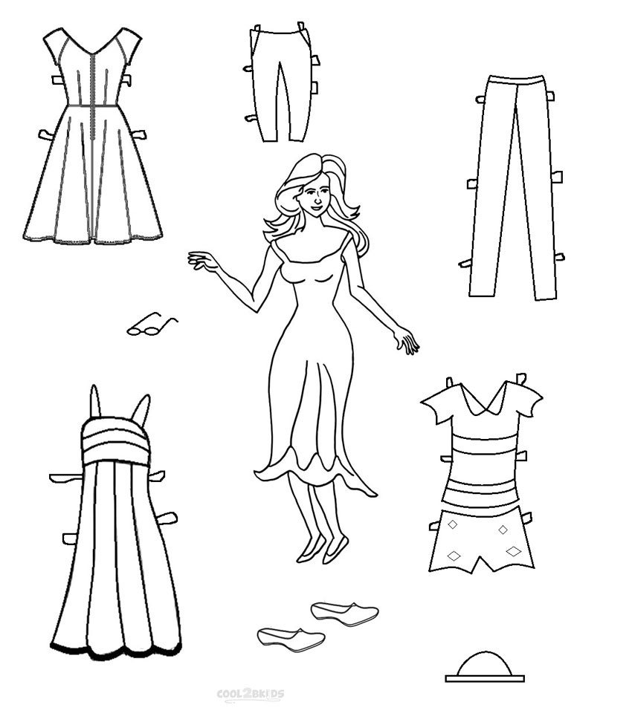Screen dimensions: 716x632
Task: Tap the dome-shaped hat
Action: pos(484,666)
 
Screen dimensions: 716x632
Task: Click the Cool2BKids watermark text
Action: pos(250,694)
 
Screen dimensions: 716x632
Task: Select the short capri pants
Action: pos(279,82)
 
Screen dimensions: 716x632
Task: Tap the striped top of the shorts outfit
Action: pos(480,460)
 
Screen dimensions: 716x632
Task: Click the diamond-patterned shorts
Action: pos(482,541)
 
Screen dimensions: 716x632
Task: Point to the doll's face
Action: pos(315,197)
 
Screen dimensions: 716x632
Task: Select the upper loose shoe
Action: pos(344,613)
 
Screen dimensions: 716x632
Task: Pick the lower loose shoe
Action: pos(291,637)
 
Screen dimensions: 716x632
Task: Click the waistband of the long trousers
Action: pos(513,80)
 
